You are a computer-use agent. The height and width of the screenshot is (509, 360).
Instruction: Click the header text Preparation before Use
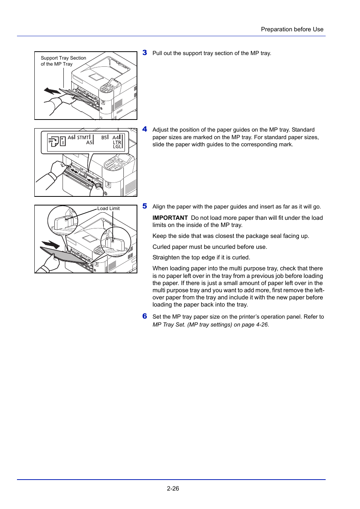click(x=292, y=29)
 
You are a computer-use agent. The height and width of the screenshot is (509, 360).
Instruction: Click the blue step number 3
click(x=145, y=53)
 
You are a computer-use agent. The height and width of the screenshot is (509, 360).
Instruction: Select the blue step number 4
click(x=145, y=129)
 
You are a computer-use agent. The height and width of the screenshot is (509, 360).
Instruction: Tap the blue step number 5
click(x=145, y=206)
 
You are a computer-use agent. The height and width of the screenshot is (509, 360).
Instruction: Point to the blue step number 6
click(x=145, y=316)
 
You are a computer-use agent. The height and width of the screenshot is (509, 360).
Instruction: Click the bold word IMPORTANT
click(x=170, y=218)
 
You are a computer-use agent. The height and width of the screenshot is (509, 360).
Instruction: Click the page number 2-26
click(x=173, y=489)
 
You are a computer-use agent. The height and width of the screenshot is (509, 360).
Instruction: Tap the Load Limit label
click(x=108, y=209)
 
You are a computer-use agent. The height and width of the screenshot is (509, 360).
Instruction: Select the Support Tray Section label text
click(x=63, y=58)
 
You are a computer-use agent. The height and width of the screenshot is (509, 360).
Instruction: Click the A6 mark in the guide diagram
click(x=71, y=138)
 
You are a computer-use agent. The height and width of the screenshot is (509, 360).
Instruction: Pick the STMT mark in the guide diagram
click(x=83, y=138)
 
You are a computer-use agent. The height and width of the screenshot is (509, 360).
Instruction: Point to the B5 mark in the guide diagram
click(x=105, y=138)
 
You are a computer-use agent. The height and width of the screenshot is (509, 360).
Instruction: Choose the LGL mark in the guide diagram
click(x=117, y=147)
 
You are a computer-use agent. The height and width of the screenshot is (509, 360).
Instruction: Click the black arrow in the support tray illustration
click(x=52, y=91)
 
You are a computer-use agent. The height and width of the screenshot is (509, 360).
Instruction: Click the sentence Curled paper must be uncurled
click(x=209, y=247)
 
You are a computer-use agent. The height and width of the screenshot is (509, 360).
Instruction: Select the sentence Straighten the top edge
click(x=201, y=258)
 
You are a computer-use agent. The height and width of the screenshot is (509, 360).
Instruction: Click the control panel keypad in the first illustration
click(x=107, y=89)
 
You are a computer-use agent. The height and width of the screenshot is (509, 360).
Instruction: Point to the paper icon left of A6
click(x=54, y=141)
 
